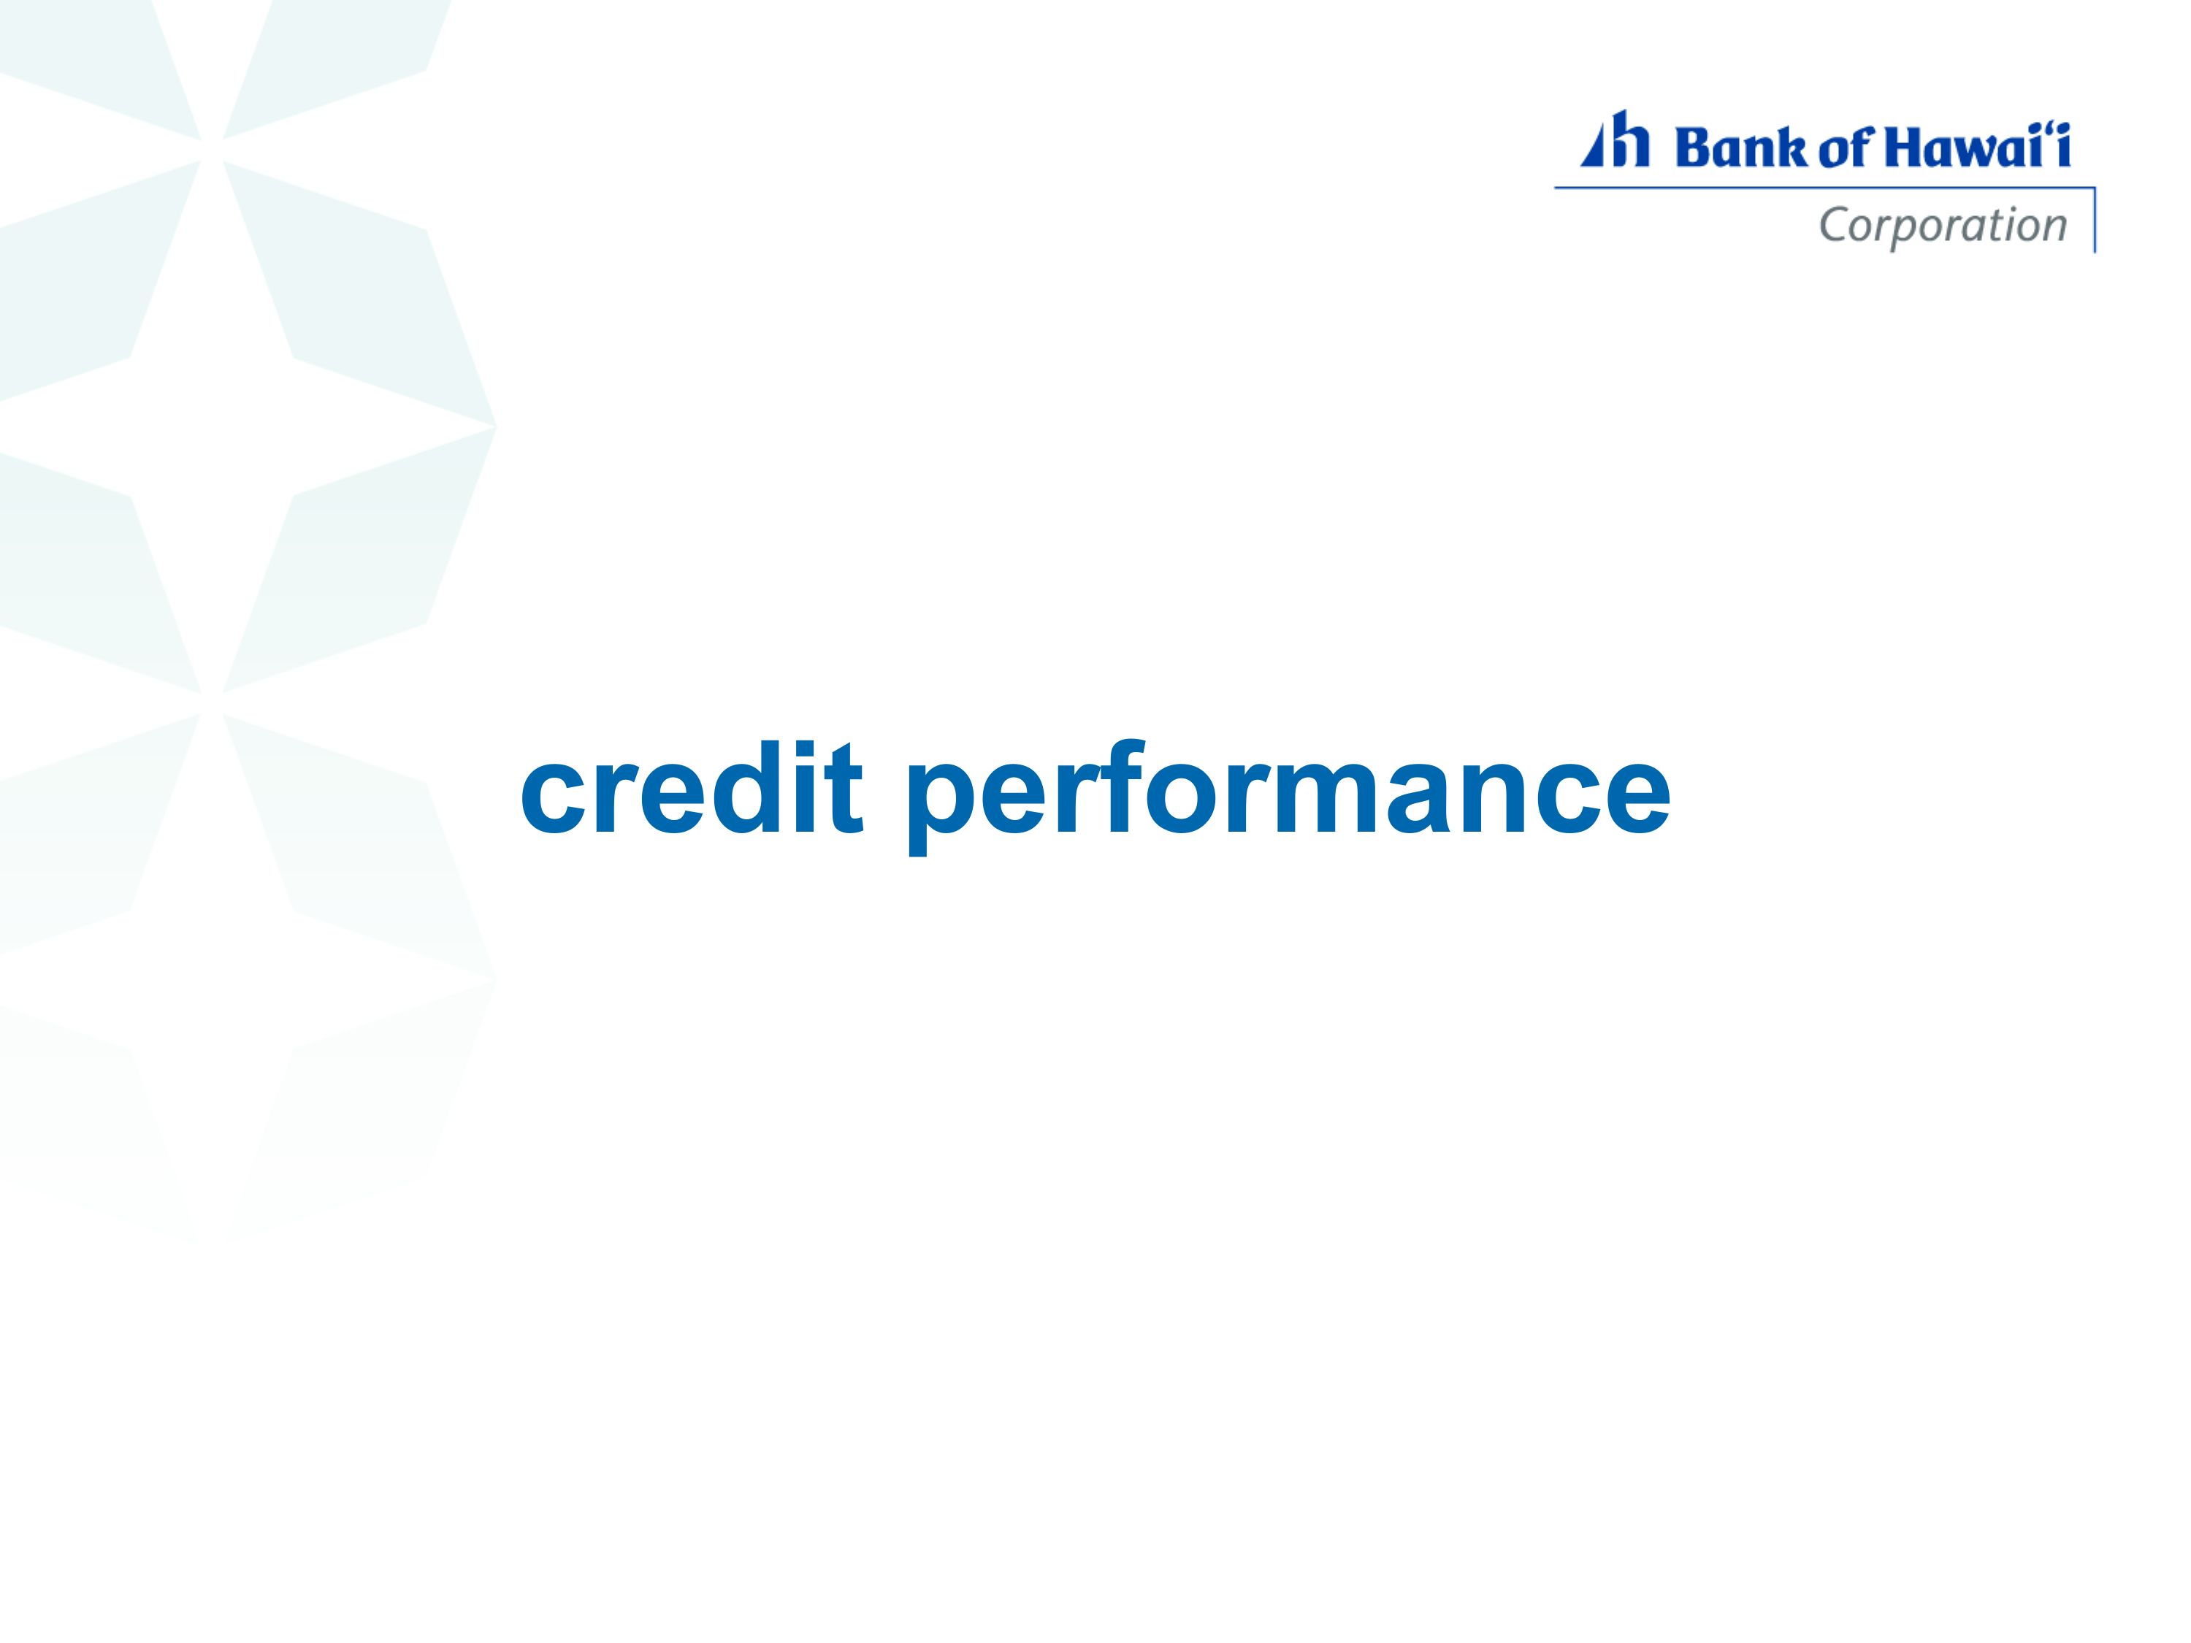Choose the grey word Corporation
click(1943, 227)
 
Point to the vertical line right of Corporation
click(2094, 220)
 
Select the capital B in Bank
click(1691, 148)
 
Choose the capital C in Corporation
click(1835, 225)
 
